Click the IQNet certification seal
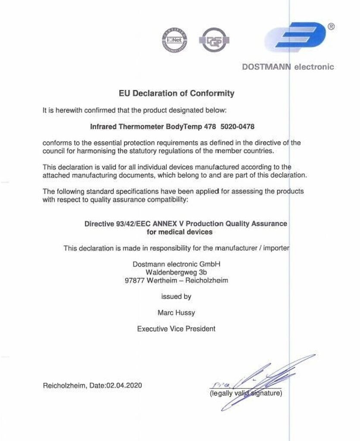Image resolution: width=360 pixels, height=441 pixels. pyautogui.click(x=174, y=40)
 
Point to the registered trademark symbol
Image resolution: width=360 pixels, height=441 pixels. pyautogui.click(x=331, y=26)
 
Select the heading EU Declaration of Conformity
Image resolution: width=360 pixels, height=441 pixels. pyautogui.click(x=176, y=93)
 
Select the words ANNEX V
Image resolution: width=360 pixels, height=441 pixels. pyautogui.click(x=170, y=224)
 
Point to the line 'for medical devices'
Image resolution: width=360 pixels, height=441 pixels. pyautogui.click(x=179, y=232)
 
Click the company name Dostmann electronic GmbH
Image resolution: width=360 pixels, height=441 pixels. pyautogui.click(x=176, y=264)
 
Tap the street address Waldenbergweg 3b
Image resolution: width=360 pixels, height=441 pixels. pyautogui.click(x=176, y=272)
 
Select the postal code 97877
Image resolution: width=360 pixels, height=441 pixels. pyautogui.click(x=134, y=280)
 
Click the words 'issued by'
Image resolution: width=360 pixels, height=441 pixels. pyautogui.click(x=176, y=297)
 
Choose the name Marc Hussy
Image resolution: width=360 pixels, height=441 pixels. pyautogui.click(x=176, y=313)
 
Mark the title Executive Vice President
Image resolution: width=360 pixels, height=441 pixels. pyautogui.click(x=176, y=329)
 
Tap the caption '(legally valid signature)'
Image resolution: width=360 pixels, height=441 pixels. pyautogui.click(x=246, y=393)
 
